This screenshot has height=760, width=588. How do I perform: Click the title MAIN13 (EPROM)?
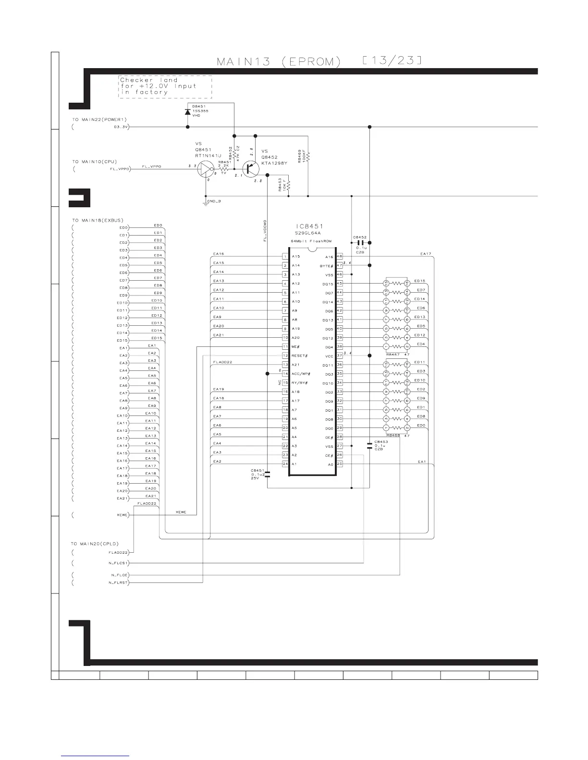279,62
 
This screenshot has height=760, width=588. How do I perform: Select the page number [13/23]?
392,60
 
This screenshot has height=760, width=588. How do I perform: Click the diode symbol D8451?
187,112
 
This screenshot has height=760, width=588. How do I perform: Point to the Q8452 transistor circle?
251,168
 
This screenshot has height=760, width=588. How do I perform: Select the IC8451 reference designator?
309,226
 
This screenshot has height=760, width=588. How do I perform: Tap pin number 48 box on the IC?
339,257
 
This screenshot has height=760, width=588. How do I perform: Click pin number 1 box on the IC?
285,257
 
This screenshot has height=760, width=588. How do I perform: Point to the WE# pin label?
296,347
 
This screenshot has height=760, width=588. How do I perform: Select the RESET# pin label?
299,356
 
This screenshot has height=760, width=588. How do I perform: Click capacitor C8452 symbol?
360,243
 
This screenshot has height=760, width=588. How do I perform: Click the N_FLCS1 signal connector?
119,563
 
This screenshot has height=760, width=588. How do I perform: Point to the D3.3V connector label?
120,127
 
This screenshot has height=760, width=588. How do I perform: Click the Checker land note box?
165,87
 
